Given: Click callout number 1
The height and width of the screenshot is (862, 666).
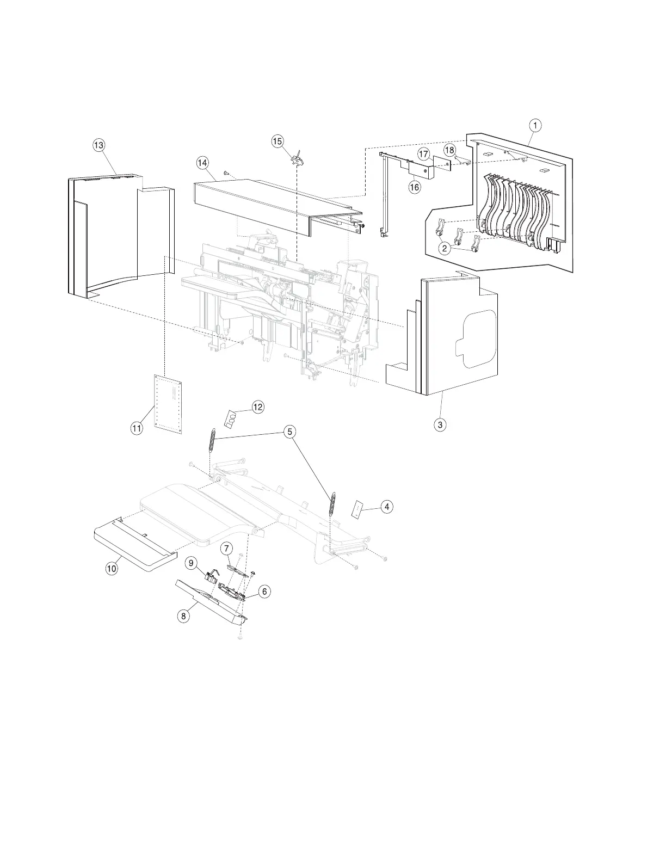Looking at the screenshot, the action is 535,125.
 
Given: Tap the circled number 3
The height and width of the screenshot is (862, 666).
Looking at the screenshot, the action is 440,424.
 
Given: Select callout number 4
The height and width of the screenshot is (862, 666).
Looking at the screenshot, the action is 386,507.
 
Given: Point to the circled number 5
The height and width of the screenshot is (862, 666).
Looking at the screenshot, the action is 289,432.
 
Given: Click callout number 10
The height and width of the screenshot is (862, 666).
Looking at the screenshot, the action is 111,569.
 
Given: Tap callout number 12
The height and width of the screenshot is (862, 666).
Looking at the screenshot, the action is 257,407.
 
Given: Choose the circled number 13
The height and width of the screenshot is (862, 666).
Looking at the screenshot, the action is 98,145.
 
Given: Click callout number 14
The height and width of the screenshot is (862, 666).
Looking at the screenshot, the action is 202,162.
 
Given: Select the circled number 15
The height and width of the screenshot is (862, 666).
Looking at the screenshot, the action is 277,141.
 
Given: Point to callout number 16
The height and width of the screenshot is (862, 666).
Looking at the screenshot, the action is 415,187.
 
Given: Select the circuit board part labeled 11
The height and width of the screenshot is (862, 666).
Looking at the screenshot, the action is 168,403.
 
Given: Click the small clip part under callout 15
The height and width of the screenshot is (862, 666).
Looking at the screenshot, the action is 297,159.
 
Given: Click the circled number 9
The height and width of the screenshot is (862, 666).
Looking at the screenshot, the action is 190,563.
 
